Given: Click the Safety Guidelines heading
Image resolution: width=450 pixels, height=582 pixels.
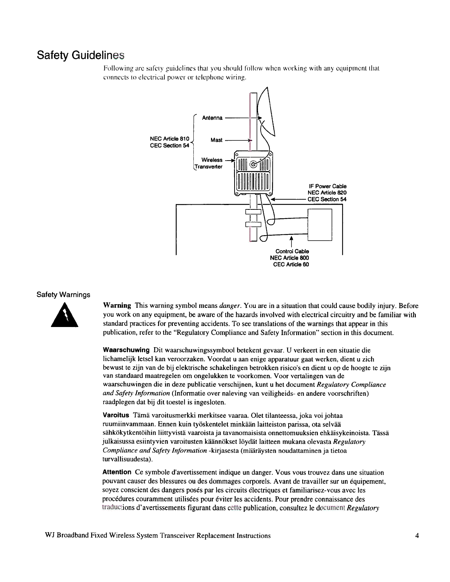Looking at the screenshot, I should pos(81,55).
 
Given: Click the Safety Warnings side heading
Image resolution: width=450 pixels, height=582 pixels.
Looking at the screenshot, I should pos(63,295).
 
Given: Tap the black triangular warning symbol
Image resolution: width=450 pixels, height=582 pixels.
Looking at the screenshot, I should pos(66,315).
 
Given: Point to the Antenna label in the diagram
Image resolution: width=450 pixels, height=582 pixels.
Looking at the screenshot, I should pos(212,118).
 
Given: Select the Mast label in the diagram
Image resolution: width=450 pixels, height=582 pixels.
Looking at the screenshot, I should pos(216,140).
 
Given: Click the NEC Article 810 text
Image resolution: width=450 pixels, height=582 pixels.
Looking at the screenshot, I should pos(169,139).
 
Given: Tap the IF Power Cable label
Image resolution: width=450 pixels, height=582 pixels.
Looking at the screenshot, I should pos(327,186).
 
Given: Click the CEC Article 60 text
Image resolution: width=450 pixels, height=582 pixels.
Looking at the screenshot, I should pos(291,264).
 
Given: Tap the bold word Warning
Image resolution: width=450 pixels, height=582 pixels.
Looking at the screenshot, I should pos(117,306).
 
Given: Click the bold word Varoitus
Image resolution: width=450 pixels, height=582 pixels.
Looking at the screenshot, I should pos(115,416).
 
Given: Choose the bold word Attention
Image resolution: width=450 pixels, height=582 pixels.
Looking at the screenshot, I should pos(117,473).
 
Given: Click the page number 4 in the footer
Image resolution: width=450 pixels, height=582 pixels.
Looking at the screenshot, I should pos(417,536).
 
